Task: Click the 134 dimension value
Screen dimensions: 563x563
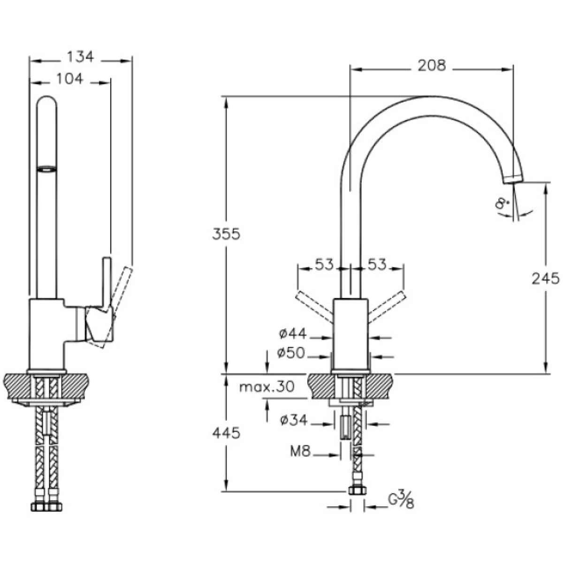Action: click(80, 57)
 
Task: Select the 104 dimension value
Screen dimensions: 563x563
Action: click(69, 79)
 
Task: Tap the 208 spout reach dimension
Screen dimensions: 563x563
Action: click(432, 66)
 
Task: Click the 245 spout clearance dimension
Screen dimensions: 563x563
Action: click(546, 279)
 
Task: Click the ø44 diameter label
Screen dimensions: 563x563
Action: click(292, 334)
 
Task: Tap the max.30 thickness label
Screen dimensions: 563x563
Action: click(266, 387)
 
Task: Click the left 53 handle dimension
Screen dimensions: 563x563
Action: click(324, 266)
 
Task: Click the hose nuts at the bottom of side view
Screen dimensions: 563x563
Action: click(46, 507)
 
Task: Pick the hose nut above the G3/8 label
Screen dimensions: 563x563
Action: click(357, 491)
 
